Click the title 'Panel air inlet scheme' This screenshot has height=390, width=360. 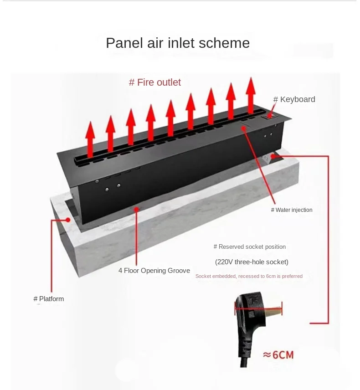[x=178, y=43]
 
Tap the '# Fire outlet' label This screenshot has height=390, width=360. [x=155, y=82]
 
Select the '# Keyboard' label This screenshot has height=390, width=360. [x=294, y=99]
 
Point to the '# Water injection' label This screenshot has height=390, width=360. [x=292, y=210]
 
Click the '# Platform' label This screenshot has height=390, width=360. [x=49, y=299]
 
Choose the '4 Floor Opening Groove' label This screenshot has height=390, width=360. [x=154, y=271]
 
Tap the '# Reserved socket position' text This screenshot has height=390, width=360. [x=250, y=247]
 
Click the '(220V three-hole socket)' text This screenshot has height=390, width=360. [x=252, y=262]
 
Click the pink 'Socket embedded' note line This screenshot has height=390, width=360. [x=249, y=276]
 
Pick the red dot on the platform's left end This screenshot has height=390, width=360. [x=68, y=220]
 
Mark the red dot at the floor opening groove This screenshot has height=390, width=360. [x=136, y=209]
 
